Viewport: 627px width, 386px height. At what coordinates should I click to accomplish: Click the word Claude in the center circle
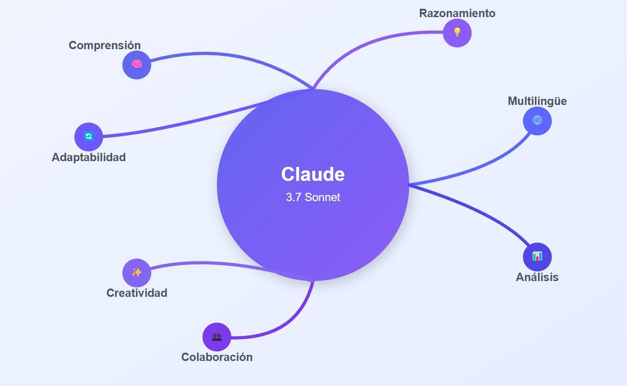[313, 174]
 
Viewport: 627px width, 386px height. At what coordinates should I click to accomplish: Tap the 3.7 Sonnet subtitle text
[313, 197]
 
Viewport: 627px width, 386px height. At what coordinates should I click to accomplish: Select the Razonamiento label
[457, 13]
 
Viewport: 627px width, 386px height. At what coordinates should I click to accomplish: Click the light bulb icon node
[457, 33]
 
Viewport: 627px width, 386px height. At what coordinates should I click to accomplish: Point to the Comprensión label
[105, 46]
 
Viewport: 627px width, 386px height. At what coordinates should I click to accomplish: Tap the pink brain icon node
[137, 65]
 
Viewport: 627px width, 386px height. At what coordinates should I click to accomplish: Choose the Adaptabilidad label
[89, 157]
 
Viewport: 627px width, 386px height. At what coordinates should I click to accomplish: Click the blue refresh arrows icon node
[89, 137]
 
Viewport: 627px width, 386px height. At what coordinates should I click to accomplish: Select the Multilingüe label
[537, 101]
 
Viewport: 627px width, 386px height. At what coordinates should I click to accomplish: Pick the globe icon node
[537, 121]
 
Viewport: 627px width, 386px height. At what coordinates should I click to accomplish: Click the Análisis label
[537, 277]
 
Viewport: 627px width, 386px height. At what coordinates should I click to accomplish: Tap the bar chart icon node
[537, 257]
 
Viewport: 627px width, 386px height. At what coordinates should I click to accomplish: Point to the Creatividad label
[137, 293]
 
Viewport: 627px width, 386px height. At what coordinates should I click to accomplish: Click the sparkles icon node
[137, 273]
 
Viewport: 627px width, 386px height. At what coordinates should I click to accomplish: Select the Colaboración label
[217, 357]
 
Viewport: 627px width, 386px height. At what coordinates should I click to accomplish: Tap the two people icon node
[217, 337]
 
